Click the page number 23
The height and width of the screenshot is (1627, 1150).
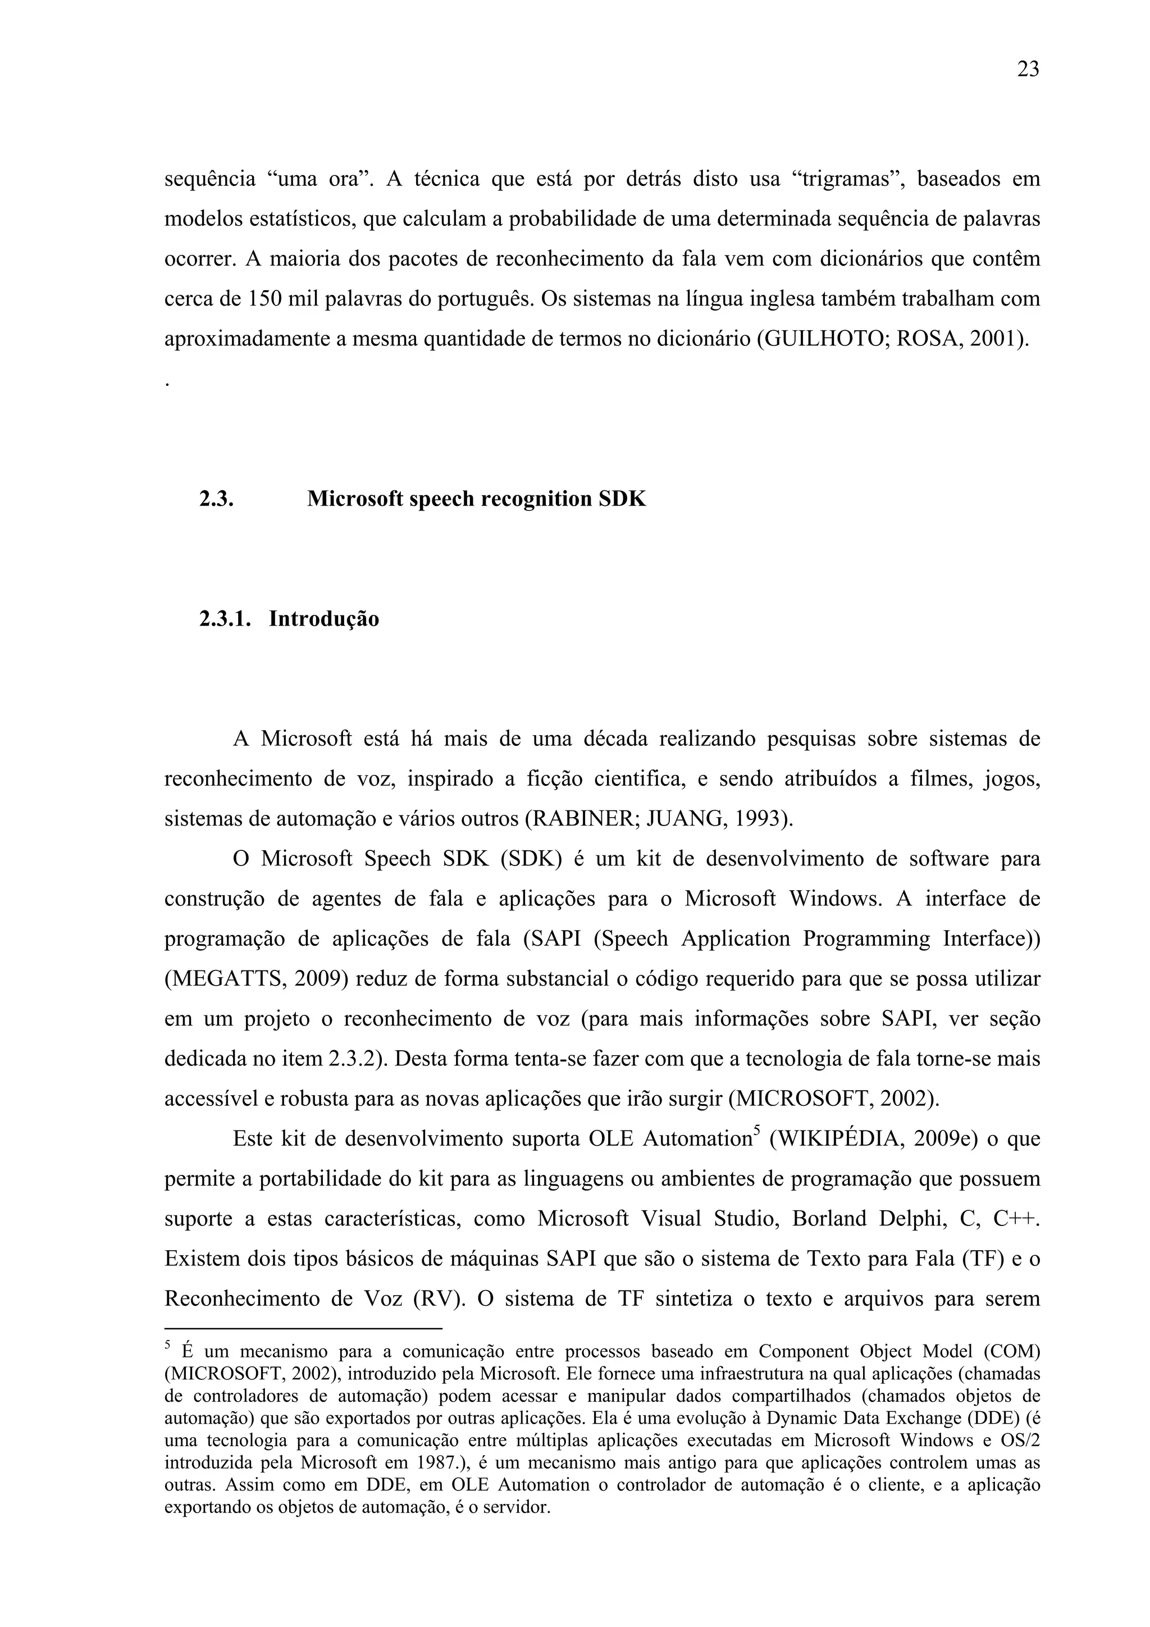tap(1028, 70)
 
